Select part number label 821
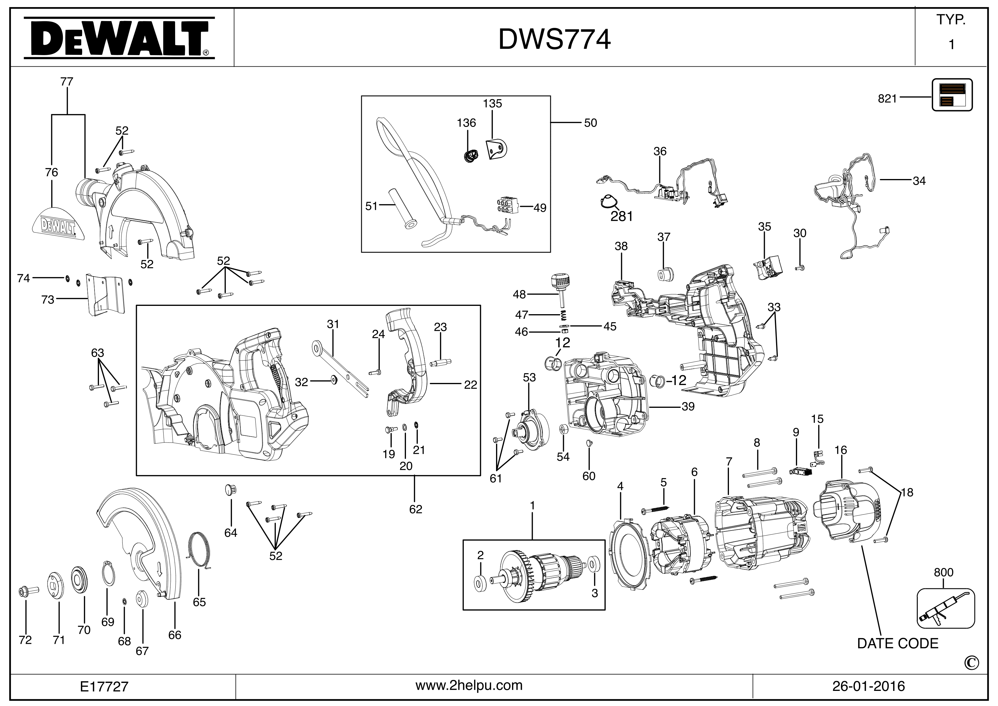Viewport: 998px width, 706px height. pos(887,99)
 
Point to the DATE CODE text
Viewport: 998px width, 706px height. pos(898,643)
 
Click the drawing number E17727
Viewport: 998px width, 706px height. pos(104,686)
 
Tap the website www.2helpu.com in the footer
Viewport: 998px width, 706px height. pos(469,686)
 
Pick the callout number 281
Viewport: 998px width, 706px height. pos(622,216)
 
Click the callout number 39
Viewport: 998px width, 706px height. pos(688,406)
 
